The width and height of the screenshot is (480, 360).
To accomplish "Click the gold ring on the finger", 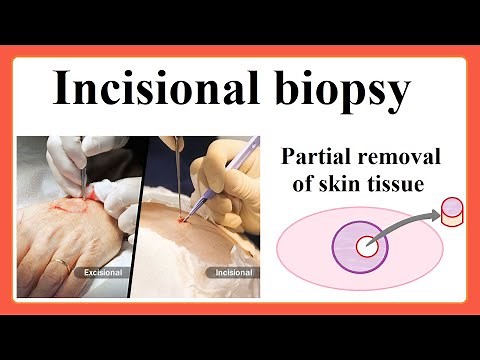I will [62, 265].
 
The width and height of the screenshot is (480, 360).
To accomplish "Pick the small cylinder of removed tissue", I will [453, 212].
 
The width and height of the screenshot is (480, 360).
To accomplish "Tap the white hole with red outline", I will [367, 246].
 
